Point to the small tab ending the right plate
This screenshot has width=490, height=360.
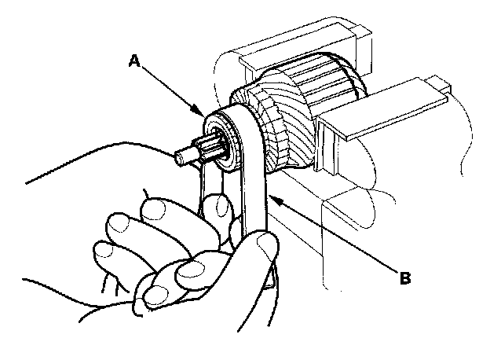click(x=439, y=83)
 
